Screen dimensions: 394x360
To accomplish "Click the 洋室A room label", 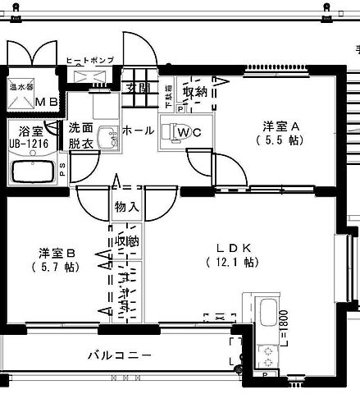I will tap(283, 126).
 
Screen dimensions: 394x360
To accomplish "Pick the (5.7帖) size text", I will tap(56, 267).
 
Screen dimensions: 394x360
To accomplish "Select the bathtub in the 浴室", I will tap(31, 172).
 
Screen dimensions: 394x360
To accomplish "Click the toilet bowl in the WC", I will tap(171, 131).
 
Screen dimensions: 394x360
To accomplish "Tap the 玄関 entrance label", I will tap(138, 88).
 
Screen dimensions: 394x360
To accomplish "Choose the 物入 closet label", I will tap(127, 206).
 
